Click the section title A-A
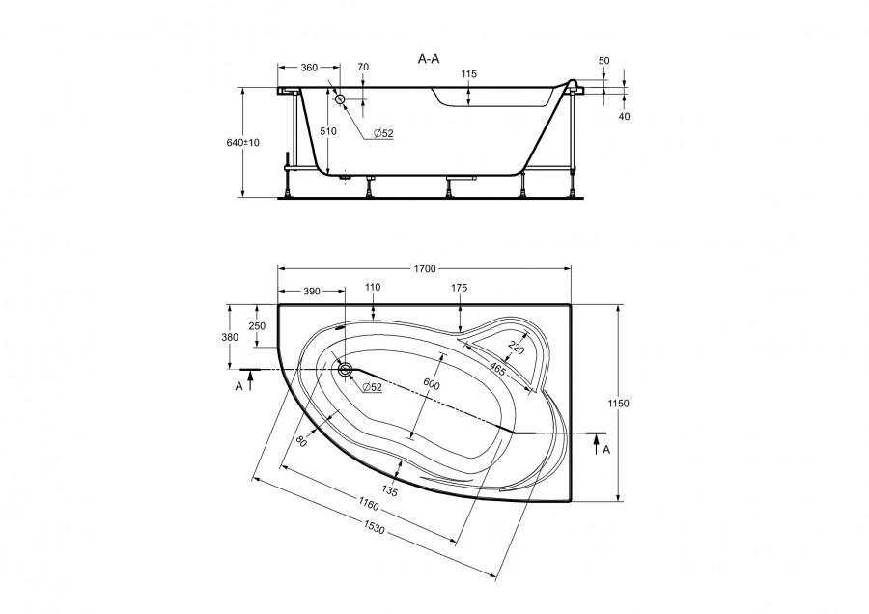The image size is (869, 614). pyautogui.click(x=429, y=59)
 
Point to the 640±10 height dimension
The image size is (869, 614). pyautogui.click(x=244, y=142)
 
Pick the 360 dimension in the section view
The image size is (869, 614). pyautogui.click(x=309, y=68)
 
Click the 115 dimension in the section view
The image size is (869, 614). pyautogui.click(x=469, y=75)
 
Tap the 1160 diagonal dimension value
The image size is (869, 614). pyautogui.click(x=365, y=502)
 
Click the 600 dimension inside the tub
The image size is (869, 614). pyautogui.click(x=431, y=384)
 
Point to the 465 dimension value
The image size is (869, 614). pyautogui.click(x=498, y=368)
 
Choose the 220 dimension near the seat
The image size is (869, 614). pyautogui.click(x=516, y=349)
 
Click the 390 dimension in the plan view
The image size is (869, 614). pyautogui.click(x=312, y=290)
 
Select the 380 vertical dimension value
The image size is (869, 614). pyautogui.click(x=230, y=337)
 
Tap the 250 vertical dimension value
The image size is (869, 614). pyautogui.click(x=257, y=326)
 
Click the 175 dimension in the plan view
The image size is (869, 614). pyautogui.click(x=460, y=289)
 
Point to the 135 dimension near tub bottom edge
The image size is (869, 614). pyautogui.click(x=390, y=490)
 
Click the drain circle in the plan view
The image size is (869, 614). pyautogui.click(x=345, y=368)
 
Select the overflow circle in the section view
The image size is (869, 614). pyautogui.click(x=340, y=98)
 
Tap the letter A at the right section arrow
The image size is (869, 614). pyautogui.click(x=605, y=450)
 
